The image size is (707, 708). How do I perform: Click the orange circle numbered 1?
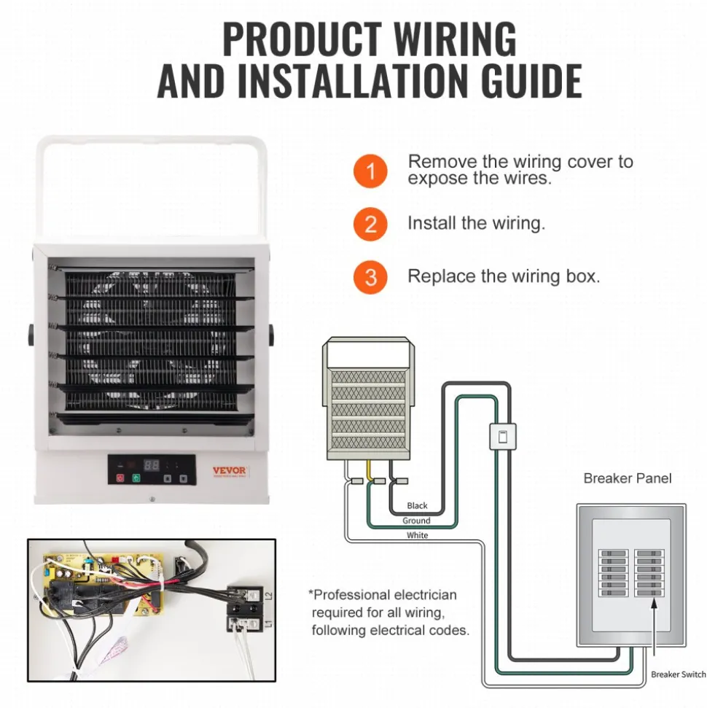coord(370,171)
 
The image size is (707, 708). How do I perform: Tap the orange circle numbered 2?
coord(370,224)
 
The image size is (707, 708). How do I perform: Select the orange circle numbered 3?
coord(370,277)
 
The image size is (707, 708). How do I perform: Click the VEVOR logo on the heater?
coord(230,471)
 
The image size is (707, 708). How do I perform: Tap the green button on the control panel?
coord(136,478)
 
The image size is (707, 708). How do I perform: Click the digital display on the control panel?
coord(152,464)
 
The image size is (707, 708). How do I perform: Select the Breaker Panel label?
coord(627,478)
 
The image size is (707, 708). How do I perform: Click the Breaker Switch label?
coord(678,674)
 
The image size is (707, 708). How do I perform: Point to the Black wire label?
coord(417,506)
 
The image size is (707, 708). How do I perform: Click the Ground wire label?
coord(416,521)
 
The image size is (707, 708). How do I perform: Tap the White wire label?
coord(417,535)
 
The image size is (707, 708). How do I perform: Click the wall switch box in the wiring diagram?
coord(502,437)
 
